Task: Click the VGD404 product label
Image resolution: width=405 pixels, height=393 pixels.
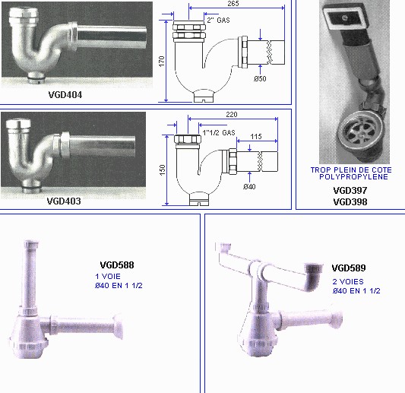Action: click(x=65, y=95)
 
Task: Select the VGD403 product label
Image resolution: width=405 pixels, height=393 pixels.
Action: click(x=64, y=201)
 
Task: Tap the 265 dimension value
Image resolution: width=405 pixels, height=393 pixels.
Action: click(x=233, y=4)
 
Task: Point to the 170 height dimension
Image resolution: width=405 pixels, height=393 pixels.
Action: click(x=161, y=62)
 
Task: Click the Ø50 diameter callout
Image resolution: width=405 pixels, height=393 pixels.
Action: click(x=260, y=78)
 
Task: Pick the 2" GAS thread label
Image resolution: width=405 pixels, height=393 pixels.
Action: click(x=219, y=21)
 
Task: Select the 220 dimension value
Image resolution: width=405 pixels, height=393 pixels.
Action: click(x=232, y=115)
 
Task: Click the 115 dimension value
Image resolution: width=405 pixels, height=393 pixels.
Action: click(x=256, y=136)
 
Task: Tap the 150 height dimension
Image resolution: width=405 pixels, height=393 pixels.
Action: click(x=162, y=170)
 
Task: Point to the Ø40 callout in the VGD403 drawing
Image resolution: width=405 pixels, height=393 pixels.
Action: click(x=249, y=186)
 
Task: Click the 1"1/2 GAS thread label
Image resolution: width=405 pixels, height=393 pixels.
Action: click(x=219, y=133)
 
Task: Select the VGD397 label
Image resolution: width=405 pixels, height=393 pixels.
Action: click(x=350, y=191)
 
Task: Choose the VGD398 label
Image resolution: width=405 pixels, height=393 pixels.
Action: click(x=350, y=201)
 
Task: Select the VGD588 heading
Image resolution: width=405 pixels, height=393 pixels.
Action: click(x=117, y=265)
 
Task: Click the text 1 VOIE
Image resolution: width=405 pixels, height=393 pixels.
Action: click(x=108, y=277)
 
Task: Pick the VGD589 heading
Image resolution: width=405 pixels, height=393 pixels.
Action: click(x=349, y=268)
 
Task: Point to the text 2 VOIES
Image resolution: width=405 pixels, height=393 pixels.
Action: click(x=348, y=281)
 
